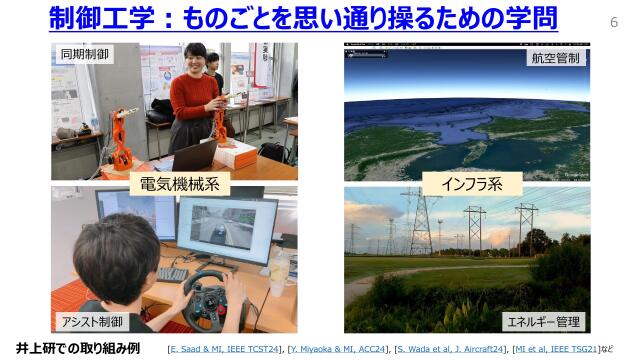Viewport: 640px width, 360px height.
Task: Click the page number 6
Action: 613,21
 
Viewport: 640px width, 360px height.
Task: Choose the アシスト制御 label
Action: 91,321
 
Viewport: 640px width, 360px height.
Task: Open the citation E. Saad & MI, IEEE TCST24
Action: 226,348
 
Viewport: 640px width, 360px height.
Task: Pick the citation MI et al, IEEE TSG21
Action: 557,348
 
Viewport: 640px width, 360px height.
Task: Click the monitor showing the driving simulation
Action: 226,230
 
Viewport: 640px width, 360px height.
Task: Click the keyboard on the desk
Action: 171,274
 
